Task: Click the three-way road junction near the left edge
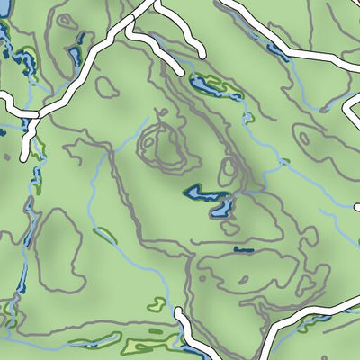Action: pos(37,114)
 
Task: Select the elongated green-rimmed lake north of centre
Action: pos(209,88)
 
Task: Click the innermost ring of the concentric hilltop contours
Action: pos(163,143)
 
